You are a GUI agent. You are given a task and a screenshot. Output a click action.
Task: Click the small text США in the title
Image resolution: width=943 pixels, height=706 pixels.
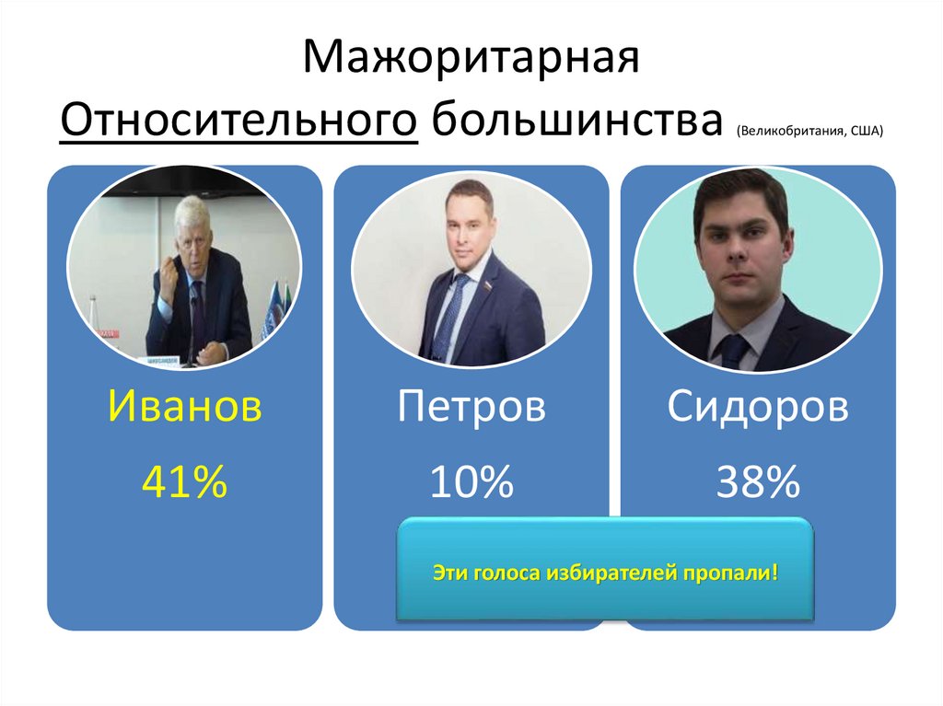pyautogui.click(x=866, y=131)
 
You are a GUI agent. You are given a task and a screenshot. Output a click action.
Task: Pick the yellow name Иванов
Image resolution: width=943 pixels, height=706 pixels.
pyautogui.click(x=184, y=407)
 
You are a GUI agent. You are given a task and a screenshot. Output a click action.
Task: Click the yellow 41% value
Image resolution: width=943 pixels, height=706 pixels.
pyautogui.click(x=184, y=482)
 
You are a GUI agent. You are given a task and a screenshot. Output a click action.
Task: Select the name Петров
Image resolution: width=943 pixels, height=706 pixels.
pyautogui.click(x=471, y=407)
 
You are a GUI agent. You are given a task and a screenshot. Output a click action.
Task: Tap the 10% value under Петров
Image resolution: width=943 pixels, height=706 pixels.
pyautogui.click(x=471, y=482)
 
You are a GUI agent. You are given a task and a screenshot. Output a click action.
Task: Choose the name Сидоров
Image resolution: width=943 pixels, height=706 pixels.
pyautogui.click(x=757, y=407)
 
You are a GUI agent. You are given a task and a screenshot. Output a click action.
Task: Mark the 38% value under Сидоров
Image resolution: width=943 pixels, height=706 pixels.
pyautogui.click(x=757, y=482)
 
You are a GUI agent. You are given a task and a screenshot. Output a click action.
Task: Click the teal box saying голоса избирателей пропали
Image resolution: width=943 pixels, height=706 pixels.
pyautogui.click(x=606, y=571)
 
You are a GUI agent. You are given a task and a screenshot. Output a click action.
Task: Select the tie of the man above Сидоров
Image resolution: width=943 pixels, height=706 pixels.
pyautogui.click(x=733, y=351)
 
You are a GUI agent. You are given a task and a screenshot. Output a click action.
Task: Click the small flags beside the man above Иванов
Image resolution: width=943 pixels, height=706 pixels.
pyautogui.click(x=274, y=308)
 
